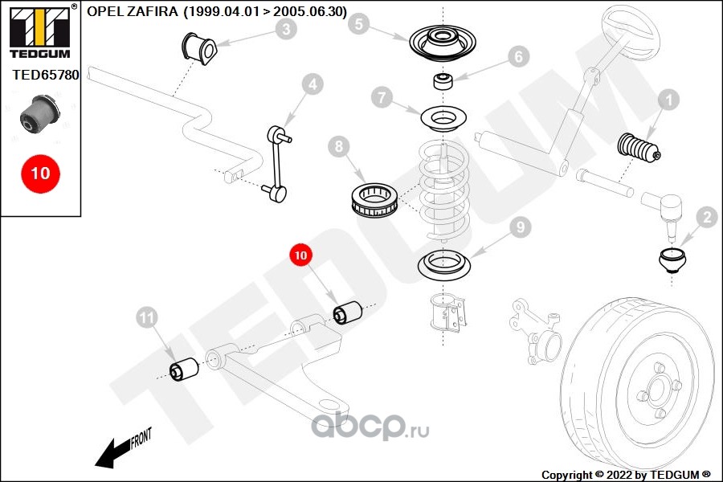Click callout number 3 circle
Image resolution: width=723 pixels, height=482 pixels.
coord(285,31)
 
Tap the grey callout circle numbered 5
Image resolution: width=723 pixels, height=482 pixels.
coord(359,25)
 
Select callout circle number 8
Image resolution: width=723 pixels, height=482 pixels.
coord(339,147)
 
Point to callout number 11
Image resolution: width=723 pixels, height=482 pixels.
coord(145,319)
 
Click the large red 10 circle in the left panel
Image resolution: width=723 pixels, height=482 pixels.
coord(39,173)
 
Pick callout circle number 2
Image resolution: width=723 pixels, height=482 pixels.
coord(707,217)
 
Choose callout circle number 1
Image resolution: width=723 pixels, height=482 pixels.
coord(668,100)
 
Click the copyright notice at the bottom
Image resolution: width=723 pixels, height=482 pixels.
coord(627,475)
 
